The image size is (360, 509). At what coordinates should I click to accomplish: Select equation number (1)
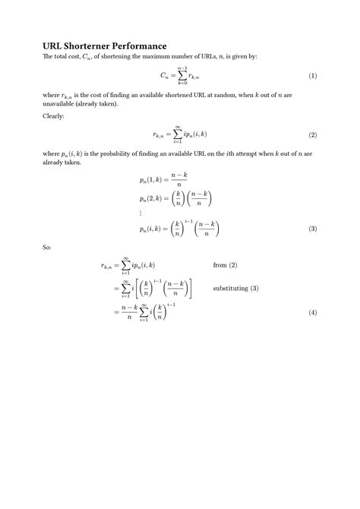312,77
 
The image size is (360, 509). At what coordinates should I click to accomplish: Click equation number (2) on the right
312,134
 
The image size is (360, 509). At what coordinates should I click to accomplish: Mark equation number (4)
312,312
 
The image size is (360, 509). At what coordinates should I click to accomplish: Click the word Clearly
55,116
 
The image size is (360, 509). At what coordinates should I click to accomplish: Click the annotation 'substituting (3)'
236,289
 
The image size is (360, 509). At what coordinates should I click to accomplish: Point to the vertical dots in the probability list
141,213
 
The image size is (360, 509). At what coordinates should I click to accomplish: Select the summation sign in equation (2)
177,134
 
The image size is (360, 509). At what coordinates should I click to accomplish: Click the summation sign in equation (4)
144,312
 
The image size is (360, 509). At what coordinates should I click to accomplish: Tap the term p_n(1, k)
153,181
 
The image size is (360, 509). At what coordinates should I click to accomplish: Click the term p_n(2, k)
153,198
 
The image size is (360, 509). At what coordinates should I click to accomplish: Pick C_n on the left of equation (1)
164,77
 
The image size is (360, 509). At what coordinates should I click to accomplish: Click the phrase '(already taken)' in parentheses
95,103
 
